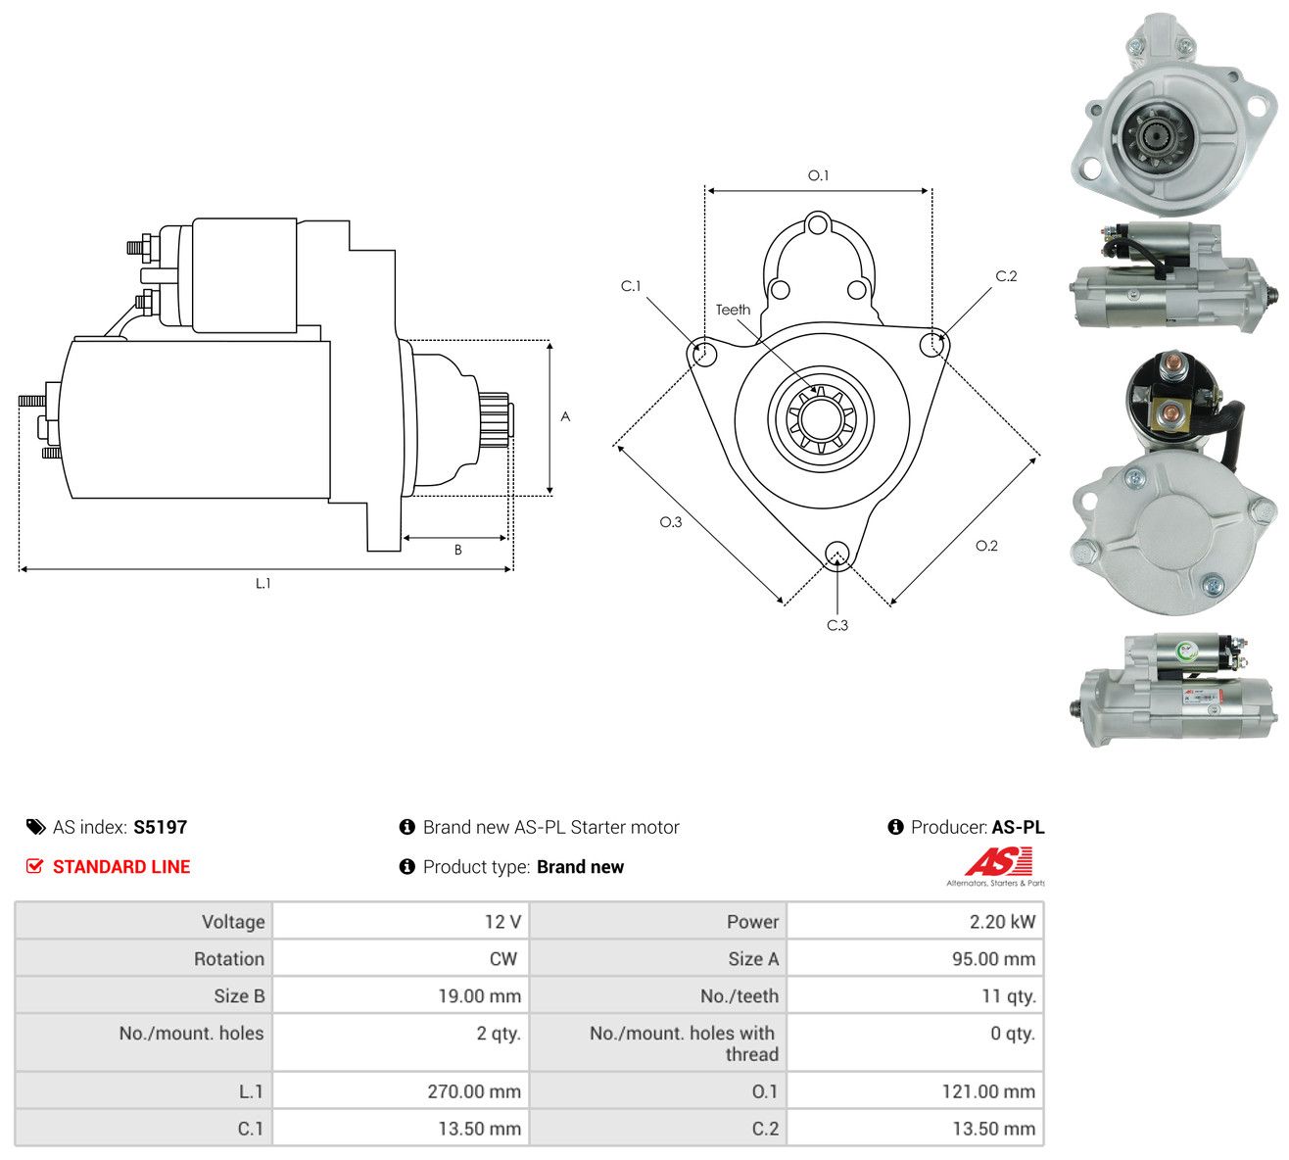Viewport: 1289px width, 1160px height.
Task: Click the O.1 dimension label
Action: pyautogui.click(x=818, y=175)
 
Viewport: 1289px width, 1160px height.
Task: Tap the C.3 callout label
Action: pyautogui.click(x=836, y=625)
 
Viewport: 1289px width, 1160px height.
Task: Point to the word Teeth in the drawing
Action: pyautogui.click(x=733, y=310)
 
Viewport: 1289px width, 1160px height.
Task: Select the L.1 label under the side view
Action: pyautogui.click(x=263, y=583)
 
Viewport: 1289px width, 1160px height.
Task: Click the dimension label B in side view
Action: pyautogui.click(x=457, y=550)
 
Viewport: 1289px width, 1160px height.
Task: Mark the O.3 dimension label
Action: pyautogui.click(x=670, y=522)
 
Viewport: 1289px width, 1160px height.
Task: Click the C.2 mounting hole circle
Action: pyautogui.click(x=931, y=345)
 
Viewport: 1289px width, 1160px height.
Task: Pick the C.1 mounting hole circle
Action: pyautogui.click(x=705, y=353)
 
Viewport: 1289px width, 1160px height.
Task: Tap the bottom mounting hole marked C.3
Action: pyautogui.click(x=836, y=554)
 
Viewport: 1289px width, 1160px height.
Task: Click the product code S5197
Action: pyautogui.click(x=160, y=827)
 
